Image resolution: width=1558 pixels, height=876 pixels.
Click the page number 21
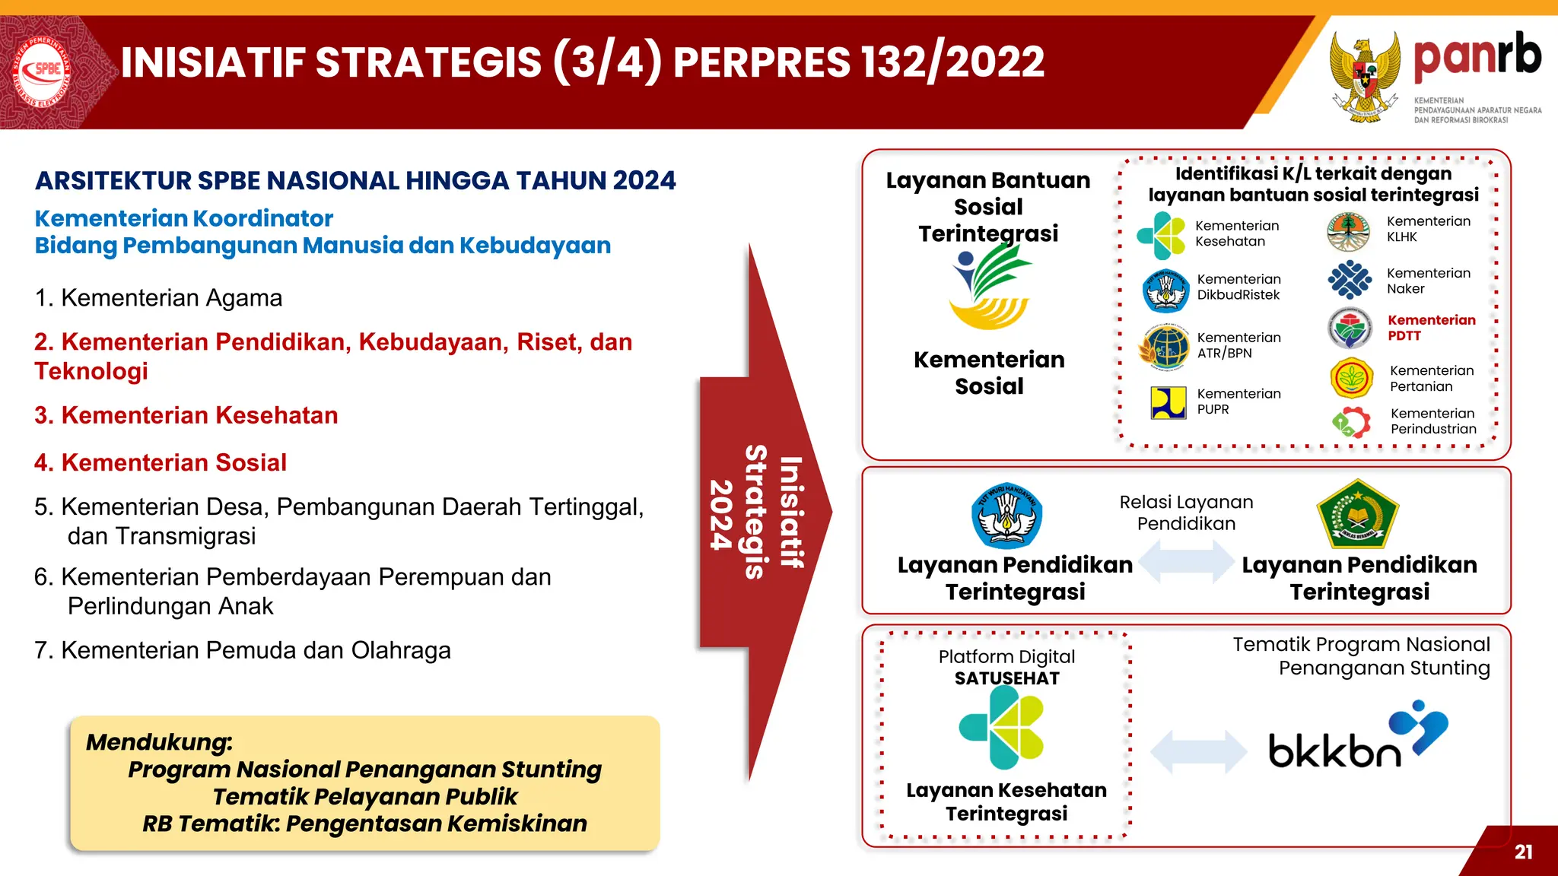pyautogui.click(x=1523, y=852)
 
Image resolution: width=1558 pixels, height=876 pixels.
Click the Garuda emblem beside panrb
pyautogui.click(x=1366, y=76)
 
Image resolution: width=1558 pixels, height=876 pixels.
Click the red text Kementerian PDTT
pyautogui.click(x=1430, y=328)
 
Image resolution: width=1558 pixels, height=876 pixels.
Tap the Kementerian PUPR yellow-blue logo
pyautogui.click(x=1168, y=403)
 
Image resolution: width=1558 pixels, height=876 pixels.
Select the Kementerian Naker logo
pyautogui.click(x=1350, y=280)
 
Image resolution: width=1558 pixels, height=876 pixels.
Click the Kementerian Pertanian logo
pyautogui.click(x=1351, y=378)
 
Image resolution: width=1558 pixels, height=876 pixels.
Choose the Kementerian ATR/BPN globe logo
pyautogui.click(x=1165, y=347)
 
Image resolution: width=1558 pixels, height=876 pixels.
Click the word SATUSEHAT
pyautogui.click(x=1006, y=678)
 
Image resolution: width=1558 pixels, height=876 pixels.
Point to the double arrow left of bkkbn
pyautogui.click(x=1198, y=752)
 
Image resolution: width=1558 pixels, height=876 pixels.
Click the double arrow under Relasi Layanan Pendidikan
pyautogui.click(x=1186, y=561)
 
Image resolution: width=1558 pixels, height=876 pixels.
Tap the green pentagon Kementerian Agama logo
pyautogui.click(x=1357, y=515)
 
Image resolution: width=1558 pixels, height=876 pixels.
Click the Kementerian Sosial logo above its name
pyautogui.click(x=989, y=290)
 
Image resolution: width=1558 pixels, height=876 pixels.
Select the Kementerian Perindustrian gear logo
pyautogui.click(x=1351, y=422)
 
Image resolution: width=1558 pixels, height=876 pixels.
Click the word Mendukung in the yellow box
pyautogui.click(x=158, y=742)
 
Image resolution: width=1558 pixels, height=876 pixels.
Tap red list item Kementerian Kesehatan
pyautogui.click(x=186, y=416)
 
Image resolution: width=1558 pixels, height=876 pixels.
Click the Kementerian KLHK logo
pyautogui.click(x=1348, y=232)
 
